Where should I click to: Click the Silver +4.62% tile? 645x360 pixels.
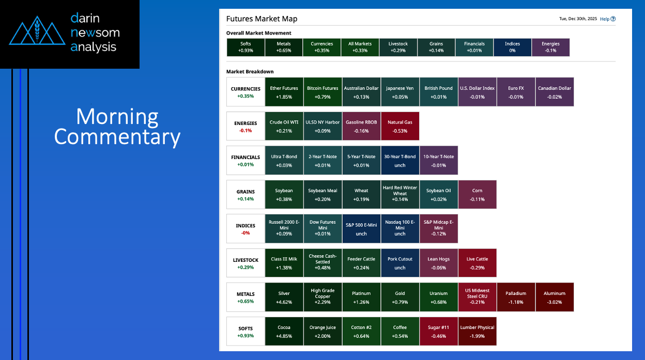[284, 298]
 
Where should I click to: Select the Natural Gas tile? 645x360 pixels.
[400, 127]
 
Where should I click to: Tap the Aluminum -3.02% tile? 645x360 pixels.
[555, 298]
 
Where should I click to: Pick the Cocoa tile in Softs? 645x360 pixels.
[284, 331]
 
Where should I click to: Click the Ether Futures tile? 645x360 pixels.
[284, 92]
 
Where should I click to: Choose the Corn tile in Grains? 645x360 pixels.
[477, 195]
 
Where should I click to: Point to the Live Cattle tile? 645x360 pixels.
[477, 263]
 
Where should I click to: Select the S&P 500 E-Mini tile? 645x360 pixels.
[361, 229]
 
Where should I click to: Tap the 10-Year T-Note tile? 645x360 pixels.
[439, 160]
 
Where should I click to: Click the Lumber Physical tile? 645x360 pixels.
[477, 331]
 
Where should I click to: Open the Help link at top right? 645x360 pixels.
[608, 19]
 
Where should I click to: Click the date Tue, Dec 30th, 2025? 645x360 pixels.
[578, 19]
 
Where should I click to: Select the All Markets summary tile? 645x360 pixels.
[360, 48]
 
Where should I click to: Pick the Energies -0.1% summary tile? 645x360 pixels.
[550, 48]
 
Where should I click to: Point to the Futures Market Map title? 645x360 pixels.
[262, 19]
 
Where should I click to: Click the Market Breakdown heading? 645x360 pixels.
[250, 72]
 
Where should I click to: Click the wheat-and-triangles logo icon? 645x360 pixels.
[37, 30]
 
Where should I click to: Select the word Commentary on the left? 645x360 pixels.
[117, 137]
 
